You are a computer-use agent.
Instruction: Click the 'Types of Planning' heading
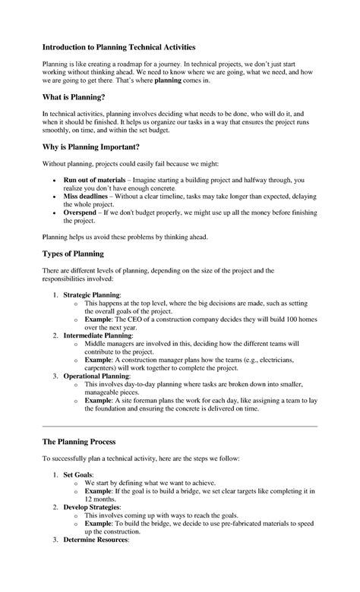tap(72, 253)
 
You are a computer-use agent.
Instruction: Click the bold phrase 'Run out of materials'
tap(95, 181)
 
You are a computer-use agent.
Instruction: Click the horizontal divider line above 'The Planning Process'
tap(179, 427)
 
